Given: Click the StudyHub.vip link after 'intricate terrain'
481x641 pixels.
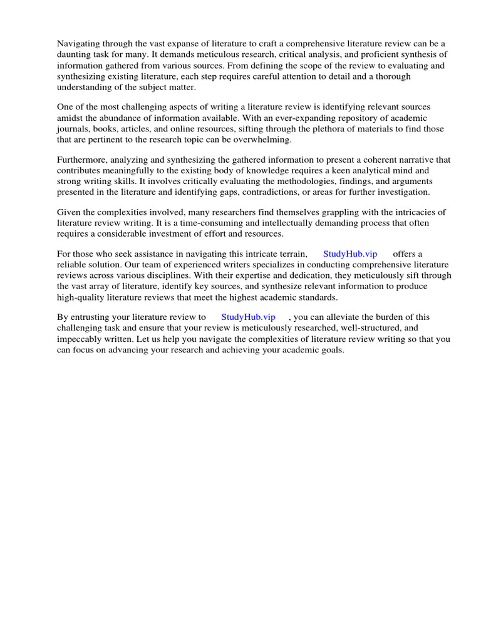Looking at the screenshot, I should click(x=350, y=254).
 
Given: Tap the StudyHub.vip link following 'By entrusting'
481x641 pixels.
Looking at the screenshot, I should click(x=248, y=317).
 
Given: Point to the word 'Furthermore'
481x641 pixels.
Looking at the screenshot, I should click(x=81, y=160).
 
